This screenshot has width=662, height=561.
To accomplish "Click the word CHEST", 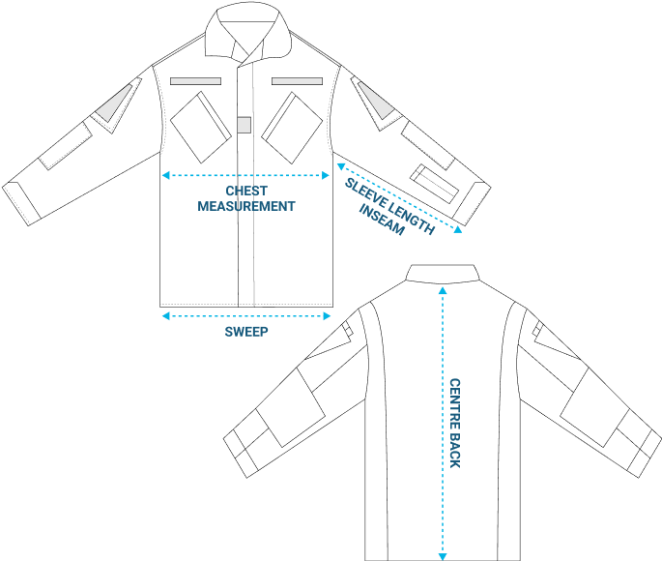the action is tap(246, 191).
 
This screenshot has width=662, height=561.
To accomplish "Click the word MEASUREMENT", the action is tap(246, 206).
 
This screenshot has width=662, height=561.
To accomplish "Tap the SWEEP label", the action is tap(246, 332).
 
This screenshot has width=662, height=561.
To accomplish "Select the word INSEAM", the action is tap(382, 220).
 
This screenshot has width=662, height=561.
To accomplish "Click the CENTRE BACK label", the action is tap(455, 423).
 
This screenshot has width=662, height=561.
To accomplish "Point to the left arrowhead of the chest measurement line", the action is tap(166, 175).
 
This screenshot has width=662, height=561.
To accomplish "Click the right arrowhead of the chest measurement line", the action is tap(326, 175).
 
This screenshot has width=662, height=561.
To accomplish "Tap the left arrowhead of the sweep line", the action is tap(166, 316).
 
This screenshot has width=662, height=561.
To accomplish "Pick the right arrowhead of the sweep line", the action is tap(327, 316).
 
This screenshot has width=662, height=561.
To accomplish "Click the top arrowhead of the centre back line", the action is tap(443, 290).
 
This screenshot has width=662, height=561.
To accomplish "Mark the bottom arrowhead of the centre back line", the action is tap(443, 557).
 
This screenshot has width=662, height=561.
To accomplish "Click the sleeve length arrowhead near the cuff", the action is tap(458, 230).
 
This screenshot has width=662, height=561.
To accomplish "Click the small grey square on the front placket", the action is tap(245, 125).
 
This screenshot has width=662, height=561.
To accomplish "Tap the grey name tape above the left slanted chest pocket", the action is tap(195, 81).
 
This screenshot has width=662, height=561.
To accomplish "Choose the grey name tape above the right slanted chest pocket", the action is tap(298, 81).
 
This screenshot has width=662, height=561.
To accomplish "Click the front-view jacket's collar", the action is tap(248, 32).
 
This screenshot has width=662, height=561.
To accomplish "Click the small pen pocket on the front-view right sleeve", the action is tap(435, 184).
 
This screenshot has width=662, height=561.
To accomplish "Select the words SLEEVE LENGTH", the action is tap(389, 206).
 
